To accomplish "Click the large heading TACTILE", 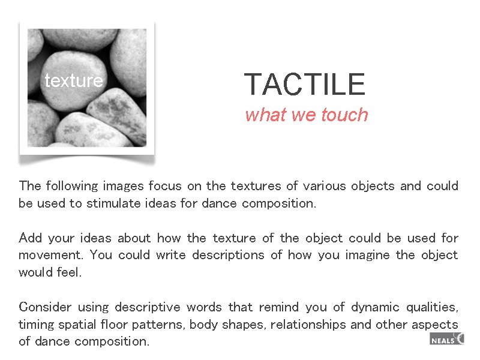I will (304, 84).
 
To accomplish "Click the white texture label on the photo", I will (73, 80).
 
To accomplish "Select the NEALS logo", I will (446, 340).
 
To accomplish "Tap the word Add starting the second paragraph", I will (30, 238).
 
